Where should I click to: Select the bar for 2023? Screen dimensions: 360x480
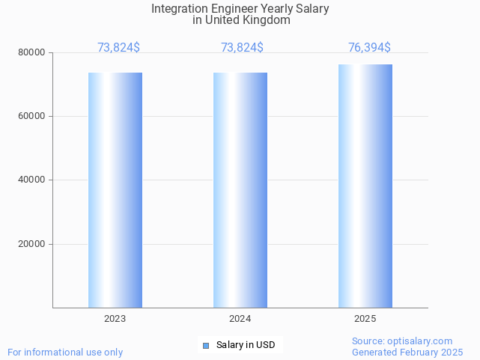115,190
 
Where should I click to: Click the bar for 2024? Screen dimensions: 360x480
240,190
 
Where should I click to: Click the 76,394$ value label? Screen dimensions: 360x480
369,48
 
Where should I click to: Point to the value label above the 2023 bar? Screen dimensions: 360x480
118,48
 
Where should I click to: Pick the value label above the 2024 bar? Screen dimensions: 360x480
242,48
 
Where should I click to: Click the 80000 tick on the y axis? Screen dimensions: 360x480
32,53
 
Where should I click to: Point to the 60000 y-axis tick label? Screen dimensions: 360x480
32,117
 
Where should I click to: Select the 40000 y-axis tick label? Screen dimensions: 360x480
32,180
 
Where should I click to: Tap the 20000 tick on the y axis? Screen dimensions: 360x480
32,244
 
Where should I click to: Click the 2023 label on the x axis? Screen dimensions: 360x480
115,319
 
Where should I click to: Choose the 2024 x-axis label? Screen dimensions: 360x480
240,319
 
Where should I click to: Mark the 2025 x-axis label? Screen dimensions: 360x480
365,319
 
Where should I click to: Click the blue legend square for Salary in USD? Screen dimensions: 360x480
206,345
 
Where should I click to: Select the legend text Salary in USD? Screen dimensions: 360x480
246,345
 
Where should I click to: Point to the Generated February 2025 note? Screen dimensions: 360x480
407,353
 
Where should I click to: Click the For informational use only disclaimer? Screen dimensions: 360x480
65,353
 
